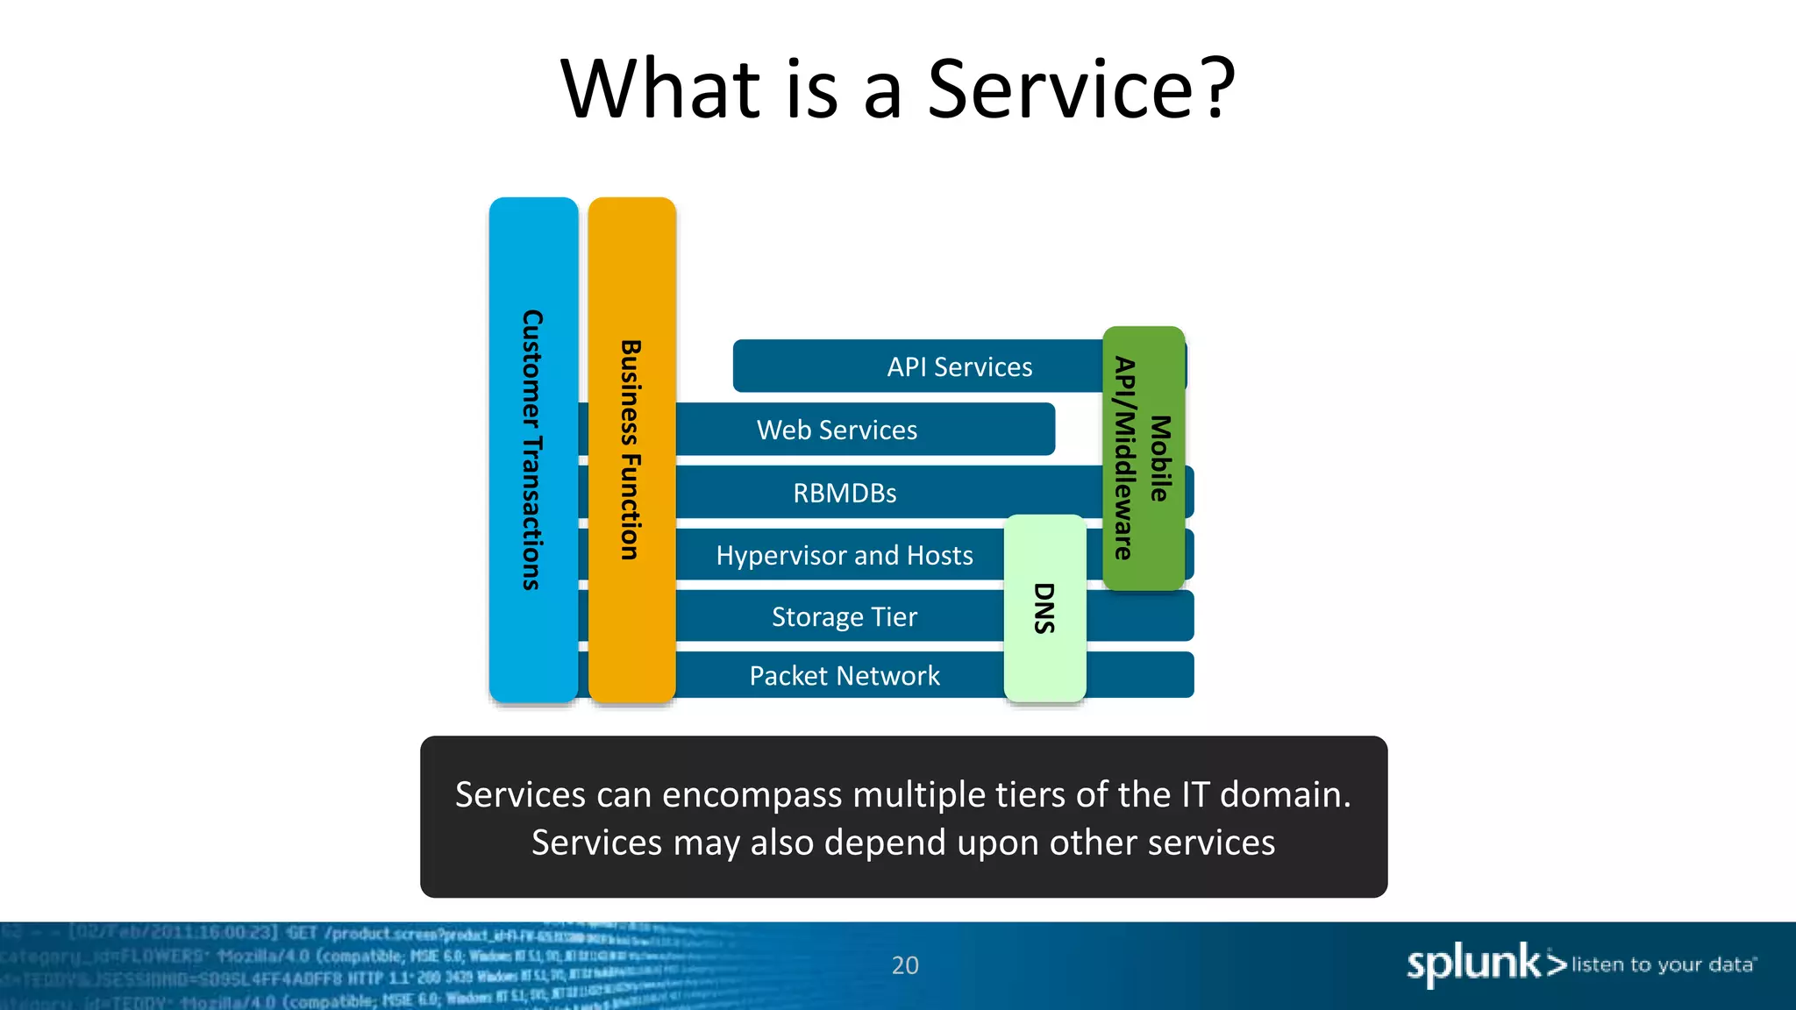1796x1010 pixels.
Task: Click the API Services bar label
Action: pyautogui.click(x=959, y=366)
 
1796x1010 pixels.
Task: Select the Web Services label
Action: pyautogui.click(x=837, y=430)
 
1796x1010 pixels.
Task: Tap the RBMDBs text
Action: pyautogui.click(x=845, y=493)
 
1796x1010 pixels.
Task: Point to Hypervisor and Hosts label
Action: pyautogui.click(x=844, y=555)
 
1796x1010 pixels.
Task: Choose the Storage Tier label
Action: pyautogui.click(x=844, y=617)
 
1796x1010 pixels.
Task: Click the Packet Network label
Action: pyautogui.click(x=844, y=676)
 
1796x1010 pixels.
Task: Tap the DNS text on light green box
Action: pyautogui.click(x=1044, y=608)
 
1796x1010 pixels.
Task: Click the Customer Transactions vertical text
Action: pyautogui.click(x=532, y=450)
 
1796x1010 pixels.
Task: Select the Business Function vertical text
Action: pyautogui.click(x=631, y=450)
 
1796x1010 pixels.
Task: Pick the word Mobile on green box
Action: pyautogui.click(x=1160, y=459)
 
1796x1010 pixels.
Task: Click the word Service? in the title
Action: pyautogui.click(x=1080, y=89)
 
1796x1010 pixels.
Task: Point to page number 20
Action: pyautogui.click(x=905, y=965)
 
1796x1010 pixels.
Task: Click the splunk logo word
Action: pyautogui.click(x=1473, y=964)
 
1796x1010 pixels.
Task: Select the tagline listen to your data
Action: pyautogui.click(x=1663, y=964)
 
